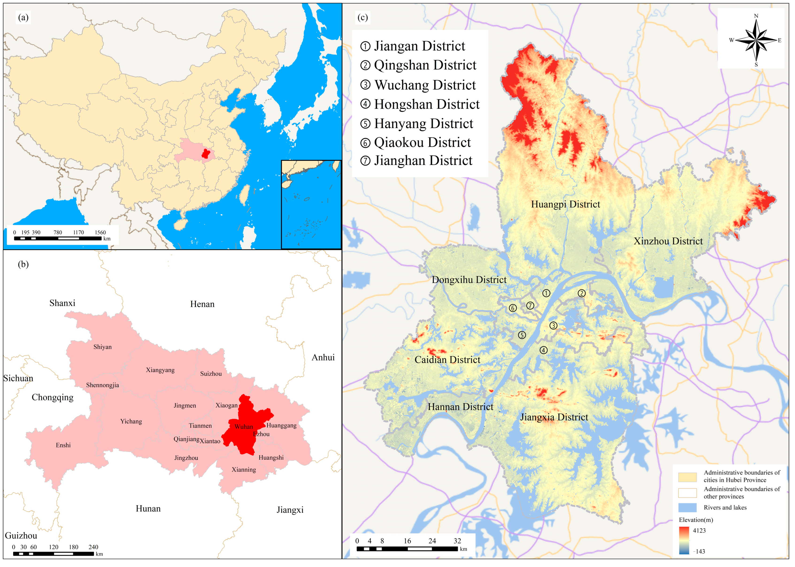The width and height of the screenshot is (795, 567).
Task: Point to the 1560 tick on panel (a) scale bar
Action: point(100,233)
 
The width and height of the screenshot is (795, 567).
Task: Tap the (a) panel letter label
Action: point(23,17)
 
